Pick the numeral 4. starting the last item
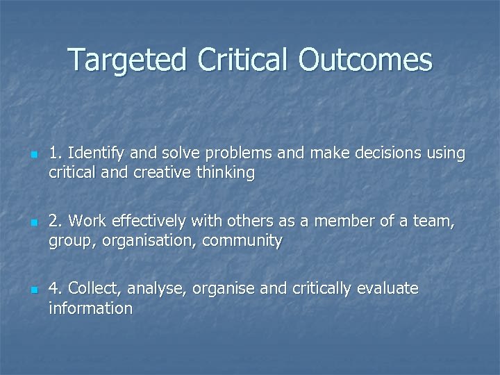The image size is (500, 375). click(x=56, y=288)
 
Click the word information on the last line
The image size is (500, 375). click(x=90, y=308)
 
